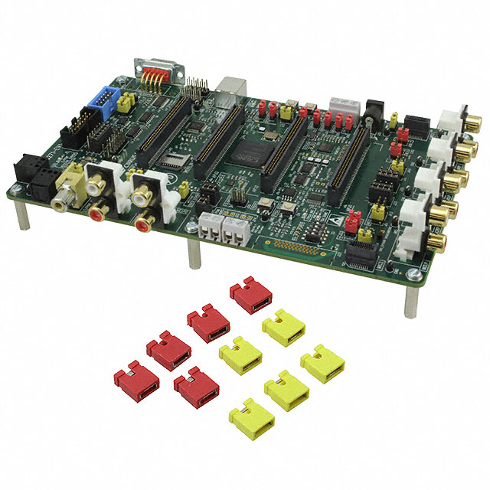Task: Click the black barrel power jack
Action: click(x=375, y=113)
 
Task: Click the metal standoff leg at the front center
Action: click(x=194, y=253)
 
